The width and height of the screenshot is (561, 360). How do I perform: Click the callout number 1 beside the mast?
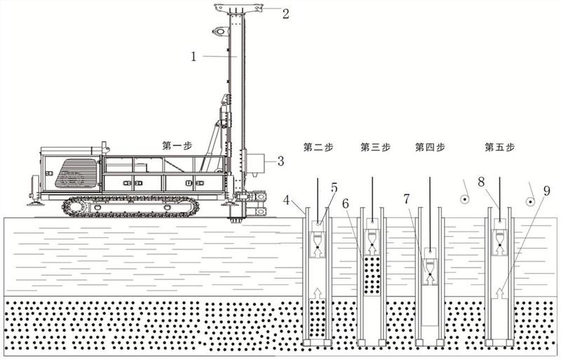coord(194,57)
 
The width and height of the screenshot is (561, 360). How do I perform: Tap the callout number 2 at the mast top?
coord(285,12)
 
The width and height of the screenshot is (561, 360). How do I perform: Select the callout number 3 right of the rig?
coord(280,161)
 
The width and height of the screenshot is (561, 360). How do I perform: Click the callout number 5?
coord(334,187)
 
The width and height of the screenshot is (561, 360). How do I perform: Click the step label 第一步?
coord(176,146)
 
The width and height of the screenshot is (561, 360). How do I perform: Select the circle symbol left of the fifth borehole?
coord(464,200)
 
